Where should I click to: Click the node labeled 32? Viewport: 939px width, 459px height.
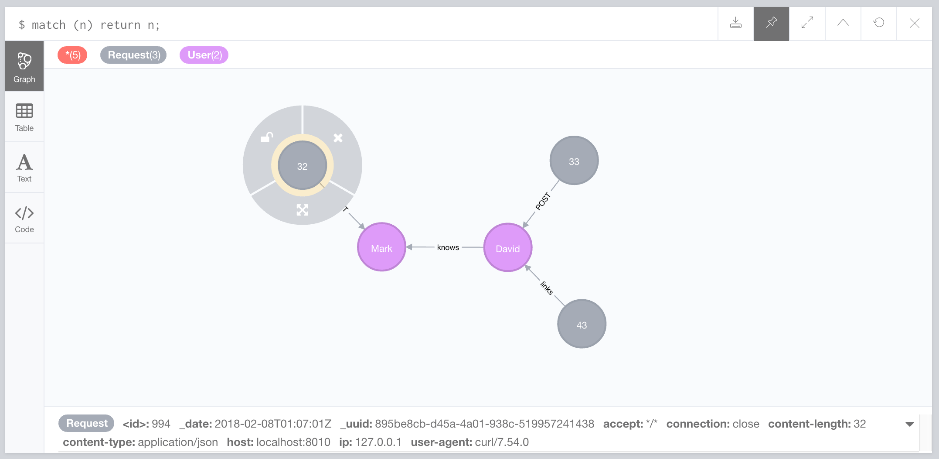tap(302, 166)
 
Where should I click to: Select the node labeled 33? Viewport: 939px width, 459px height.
tap(574, 161)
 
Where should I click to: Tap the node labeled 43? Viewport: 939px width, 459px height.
tap(582, 324)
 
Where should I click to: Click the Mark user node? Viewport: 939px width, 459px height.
tap(381, 247)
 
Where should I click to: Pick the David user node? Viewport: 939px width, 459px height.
tap(507, 248)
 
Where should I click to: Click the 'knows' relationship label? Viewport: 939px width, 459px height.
tap(448, 247)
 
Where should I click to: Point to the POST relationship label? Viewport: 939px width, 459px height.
tap(543, 201)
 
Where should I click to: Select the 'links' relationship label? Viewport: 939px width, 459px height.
tap(547, 288)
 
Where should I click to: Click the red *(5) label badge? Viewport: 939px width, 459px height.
tap(72, 55)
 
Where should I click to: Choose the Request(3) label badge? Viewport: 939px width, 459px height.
tap(133, 55)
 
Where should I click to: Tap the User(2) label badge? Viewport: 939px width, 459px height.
tap(204, 55)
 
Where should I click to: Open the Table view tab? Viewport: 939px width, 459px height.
tap(24, 117)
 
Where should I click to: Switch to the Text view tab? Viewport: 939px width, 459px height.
tap(24, 168)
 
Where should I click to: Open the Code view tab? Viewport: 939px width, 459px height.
tap(24, 218)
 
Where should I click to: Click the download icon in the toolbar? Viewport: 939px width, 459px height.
tap(736, 23)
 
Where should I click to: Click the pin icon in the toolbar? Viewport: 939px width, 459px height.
tap(772, 23)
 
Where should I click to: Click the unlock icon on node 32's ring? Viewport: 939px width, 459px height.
tap(266, 137)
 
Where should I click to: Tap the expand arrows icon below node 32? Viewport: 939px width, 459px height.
tap(302, 210)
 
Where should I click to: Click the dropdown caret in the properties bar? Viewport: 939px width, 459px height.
tap(909, 424)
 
